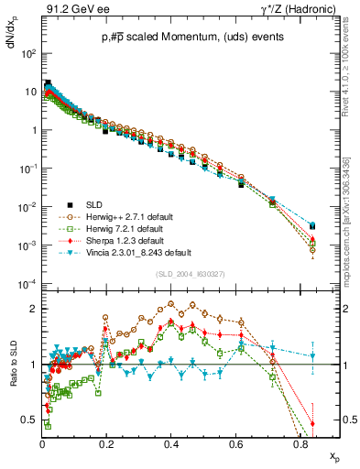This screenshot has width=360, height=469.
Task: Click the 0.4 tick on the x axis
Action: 171,442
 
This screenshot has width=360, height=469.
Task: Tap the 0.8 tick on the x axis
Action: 300,442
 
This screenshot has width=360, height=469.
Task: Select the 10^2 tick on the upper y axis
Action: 30,53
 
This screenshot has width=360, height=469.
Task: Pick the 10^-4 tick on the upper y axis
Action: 29,284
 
